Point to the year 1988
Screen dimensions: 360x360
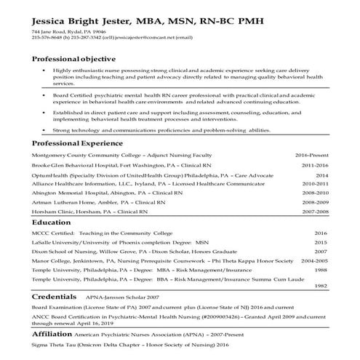tap(321, 270)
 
